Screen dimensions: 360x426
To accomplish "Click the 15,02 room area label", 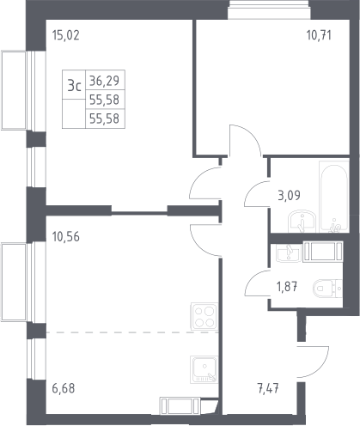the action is coord(65,35).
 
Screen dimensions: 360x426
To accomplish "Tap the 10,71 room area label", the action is coord(319,35).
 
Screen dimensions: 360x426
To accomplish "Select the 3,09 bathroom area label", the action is coord(289,196).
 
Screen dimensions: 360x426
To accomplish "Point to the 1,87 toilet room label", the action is coord(287,286).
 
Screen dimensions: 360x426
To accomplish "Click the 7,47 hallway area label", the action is coord(268,389).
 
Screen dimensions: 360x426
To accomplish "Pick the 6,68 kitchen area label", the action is coord(64,388).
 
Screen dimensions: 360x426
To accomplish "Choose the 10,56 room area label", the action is coord(66,237).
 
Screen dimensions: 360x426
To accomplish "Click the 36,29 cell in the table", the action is coord(104,81).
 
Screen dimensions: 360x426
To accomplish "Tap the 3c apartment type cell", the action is coord(74,85).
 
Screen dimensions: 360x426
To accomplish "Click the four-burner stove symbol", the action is coord(204,316).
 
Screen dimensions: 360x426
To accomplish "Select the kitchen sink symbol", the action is coord(204,369).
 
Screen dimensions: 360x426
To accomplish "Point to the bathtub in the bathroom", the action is coord(334,197).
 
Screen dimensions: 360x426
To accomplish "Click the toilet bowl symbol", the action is coord(327,289).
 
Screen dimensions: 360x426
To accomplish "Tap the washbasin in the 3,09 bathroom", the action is coord(302,222).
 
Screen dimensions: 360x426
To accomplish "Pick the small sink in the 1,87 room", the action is coord(289,253).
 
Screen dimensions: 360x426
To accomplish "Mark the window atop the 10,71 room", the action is coord(269,9).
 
